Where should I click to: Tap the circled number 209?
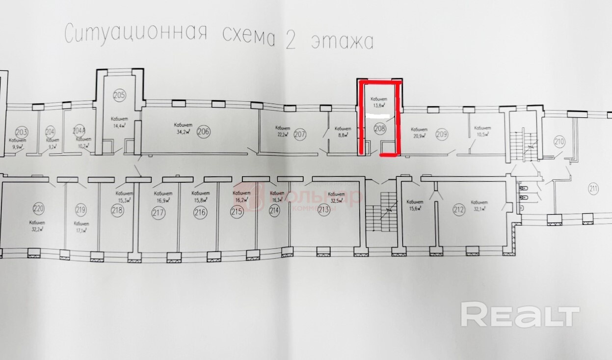tap(442, 133)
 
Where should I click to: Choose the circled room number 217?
tap(158, 213)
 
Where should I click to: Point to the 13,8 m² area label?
tap(377, 105)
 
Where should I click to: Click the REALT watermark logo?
tap(520, 315)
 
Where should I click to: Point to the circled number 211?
tap(593, 187)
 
